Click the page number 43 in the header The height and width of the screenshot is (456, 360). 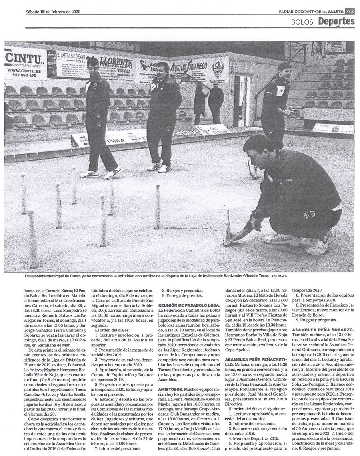350,12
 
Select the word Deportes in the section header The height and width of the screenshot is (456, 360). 336,22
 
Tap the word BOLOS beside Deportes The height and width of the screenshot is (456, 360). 302,22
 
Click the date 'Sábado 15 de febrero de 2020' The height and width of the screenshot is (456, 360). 53,12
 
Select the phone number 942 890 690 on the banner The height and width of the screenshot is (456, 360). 22,75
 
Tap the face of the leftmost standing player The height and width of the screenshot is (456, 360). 93,66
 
